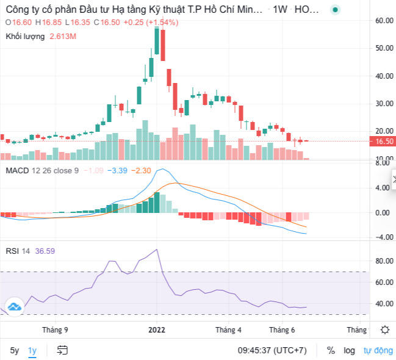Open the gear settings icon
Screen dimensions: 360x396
click(384, 329)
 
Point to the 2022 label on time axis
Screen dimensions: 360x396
click(157, 329)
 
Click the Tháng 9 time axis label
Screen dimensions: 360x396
click(55, 329)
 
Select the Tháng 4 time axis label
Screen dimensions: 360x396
click(229, 329)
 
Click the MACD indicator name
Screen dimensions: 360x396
click(18, 170)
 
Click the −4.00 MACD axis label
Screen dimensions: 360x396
click(383, 237)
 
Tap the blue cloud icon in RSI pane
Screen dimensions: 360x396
click(14, 307)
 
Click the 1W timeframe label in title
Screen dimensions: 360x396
click(280, 10)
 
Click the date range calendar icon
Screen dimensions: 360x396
click(62, 350)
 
